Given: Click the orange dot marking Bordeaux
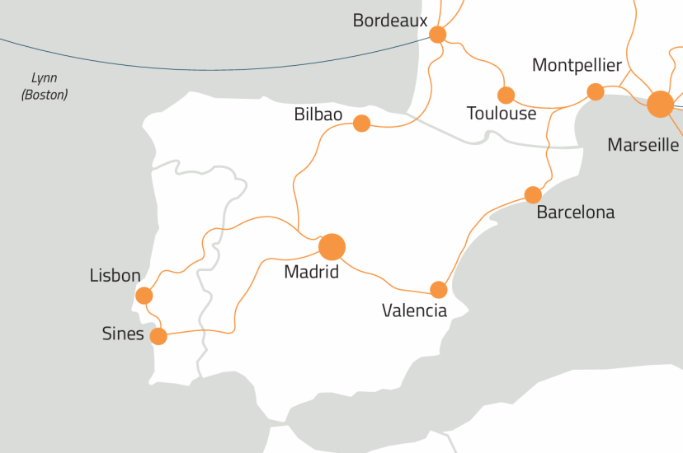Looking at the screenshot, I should tap(437, 35).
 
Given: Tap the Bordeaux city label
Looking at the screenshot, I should tap(389, 21).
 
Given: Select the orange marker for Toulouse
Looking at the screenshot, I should tap(506, 96).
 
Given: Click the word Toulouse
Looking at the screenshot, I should tap(501, 114).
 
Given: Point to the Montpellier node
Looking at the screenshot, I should tap(595, 91).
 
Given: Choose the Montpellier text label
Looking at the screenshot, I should tap(577, 66).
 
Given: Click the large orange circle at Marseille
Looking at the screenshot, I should tap(660, 104).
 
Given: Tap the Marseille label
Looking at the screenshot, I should tap(643, 145).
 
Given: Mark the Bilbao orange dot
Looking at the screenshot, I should tap(361, 124).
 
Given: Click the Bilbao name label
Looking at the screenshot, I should tap(318, 114).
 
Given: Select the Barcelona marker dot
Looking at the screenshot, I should tap(533, 195).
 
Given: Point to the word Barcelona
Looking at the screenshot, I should tap(575, 212).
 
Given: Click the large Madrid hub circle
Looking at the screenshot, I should tap(331, 245).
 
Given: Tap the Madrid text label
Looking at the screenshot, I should tap(311, 271).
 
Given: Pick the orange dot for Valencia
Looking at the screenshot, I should tap(439, 290).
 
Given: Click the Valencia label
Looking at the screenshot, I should tap(414, 311).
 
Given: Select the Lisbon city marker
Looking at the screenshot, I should tap(144, 296).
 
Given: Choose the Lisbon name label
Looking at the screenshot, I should tap(115, 276).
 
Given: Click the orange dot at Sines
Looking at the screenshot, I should tap(158, 336).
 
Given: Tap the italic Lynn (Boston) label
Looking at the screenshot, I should tap(45, 86).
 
